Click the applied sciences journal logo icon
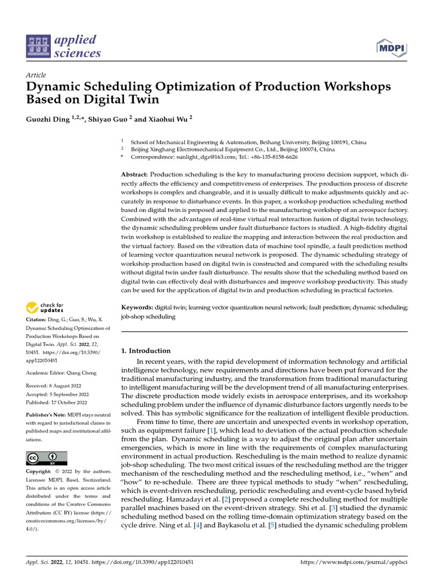(x=38, y=47)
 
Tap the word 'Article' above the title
(x=36, y=75)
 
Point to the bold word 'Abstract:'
(x=134, y=175)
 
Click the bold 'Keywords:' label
(x=137, y=307)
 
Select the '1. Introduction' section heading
(x=146, y=351)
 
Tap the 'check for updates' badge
(x=45, y=308)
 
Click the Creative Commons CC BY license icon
(x=46, y=458)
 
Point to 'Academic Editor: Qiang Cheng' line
(x=60, y=373)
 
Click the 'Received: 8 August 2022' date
(x=53, y=387)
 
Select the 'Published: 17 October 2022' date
(x=57, y=403)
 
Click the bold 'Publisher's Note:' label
(x=47, y=414)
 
